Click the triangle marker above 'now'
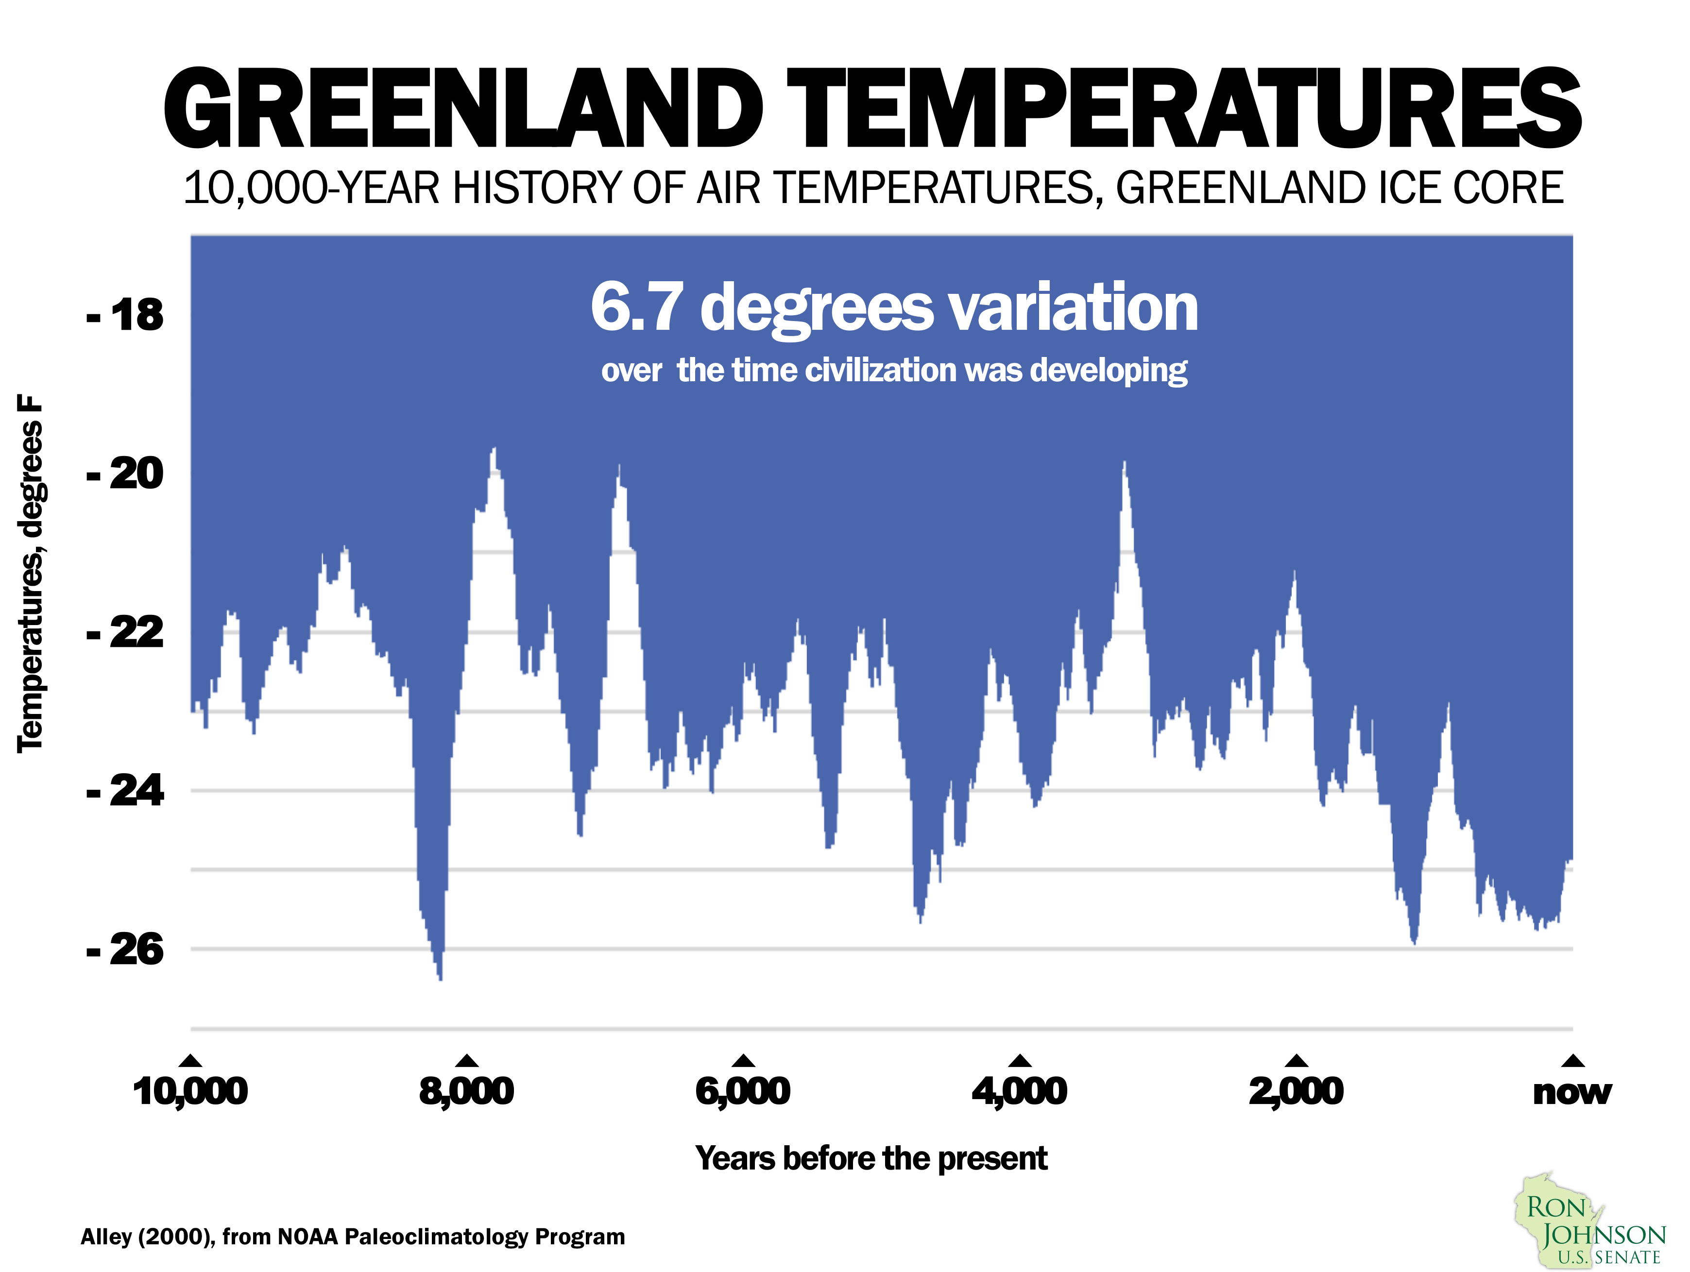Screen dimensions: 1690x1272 [x=1572, y=1060]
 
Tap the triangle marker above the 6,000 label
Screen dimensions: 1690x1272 [x=743, y=1060]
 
